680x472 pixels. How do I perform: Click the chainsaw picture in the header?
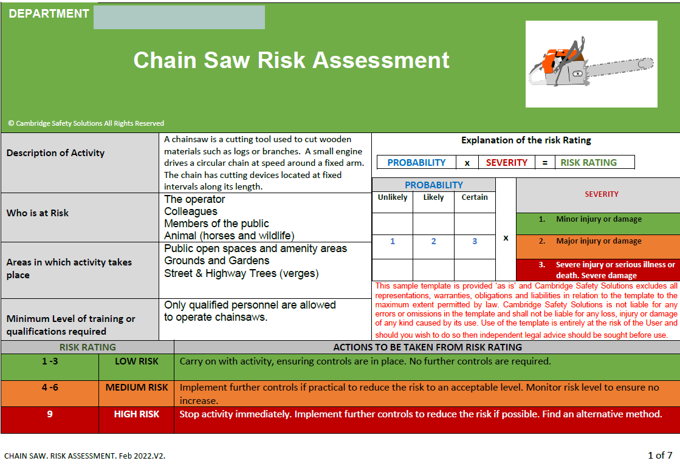(591, 64)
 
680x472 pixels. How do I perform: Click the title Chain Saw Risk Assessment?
(291, 60)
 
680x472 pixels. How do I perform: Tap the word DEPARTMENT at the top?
(49, 14)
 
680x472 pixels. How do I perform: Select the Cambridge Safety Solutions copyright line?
(86, 123)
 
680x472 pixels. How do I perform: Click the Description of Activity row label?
(55, 153)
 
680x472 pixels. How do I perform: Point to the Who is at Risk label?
(38, 213)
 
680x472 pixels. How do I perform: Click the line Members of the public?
(216, 224)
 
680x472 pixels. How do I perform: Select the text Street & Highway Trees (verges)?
(241, 273)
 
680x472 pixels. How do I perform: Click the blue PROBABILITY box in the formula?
(416, 163)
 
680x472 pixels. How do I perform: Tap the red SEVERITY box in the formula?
(506, 163)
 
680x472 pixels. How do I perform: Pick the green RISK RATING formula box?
(588, 163)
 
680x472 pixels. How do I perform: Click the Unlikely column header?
(393, 197)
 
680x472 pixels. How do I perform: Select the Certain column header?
(475, 197)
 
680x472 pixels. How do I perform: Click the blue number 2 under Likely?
(433, 241)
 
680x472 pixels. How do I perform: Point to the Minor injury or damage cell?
(598, 220)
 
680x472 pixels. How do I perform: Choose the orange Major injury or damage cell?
(598, 241)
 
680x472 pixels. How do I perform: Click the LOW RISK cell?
(136, 361)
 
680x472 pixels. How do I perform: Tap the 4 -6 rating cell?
(50, 388)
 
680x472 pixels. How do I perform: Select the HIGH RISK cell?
(136, 414)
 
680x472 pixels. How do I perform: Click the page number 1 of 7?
(659, 455)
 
